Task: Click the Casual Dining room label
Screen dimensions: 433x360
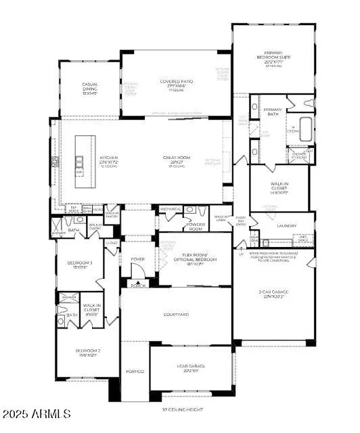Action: (91, 87)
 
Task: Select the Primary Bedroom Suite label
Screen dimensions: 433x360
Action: (273, 60)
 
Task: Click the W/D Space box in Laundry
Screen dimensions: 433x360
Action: (304, 240)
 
